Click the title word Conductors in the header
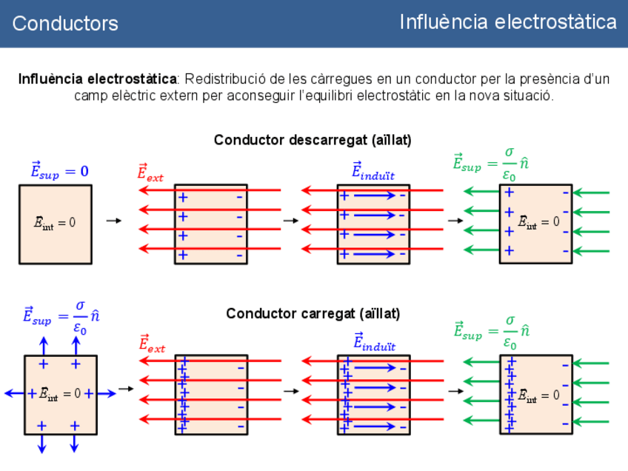[x=65, y=24]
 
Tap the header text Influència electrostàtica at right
[x=508, y=22]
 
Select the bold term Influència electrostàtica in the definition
[x=98, y=78]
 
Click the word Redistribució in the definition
[x=218, y=78]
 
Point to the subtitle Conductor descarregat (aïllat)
[x=313, y=140]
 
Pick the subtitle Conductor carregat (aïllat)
[x=313, y=314]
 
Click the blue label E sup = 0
[x=59, y=171]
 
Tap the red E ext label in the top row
[x=150, y=173]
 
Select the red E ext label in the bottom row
[x=152, y=344]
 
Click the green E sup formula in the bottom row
[x=492, y=333]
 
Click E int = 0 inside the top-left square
[x=55, y=222]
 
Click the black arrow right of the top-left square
[x=113, y=221]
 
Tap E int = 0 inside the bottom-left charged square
[x=60, y=394]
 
